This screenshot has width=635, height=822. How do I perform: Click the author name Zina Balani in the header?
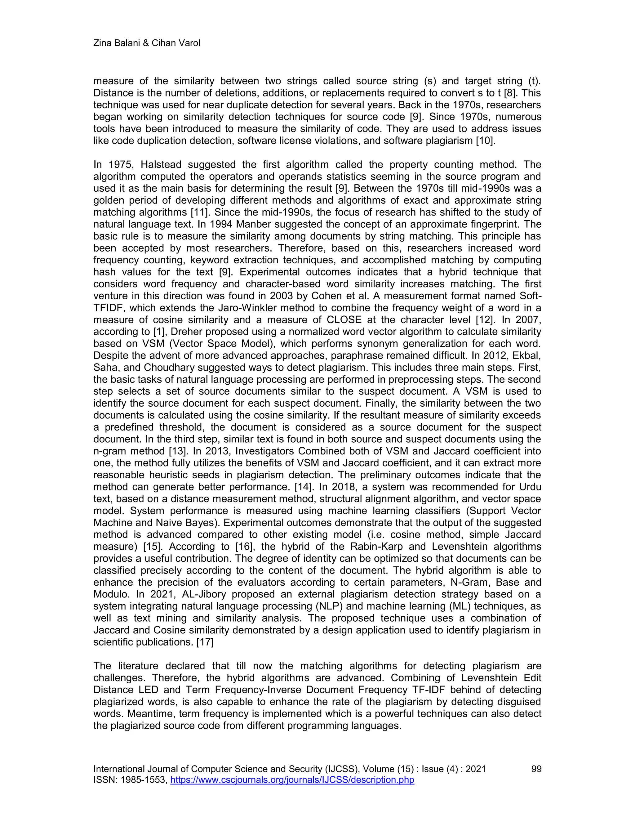click(117, 43)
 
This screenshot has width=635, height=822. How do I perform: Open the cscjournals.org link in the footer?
click(292, 780)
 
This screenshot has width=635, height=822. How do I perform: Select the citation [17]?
click(205, 642)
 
